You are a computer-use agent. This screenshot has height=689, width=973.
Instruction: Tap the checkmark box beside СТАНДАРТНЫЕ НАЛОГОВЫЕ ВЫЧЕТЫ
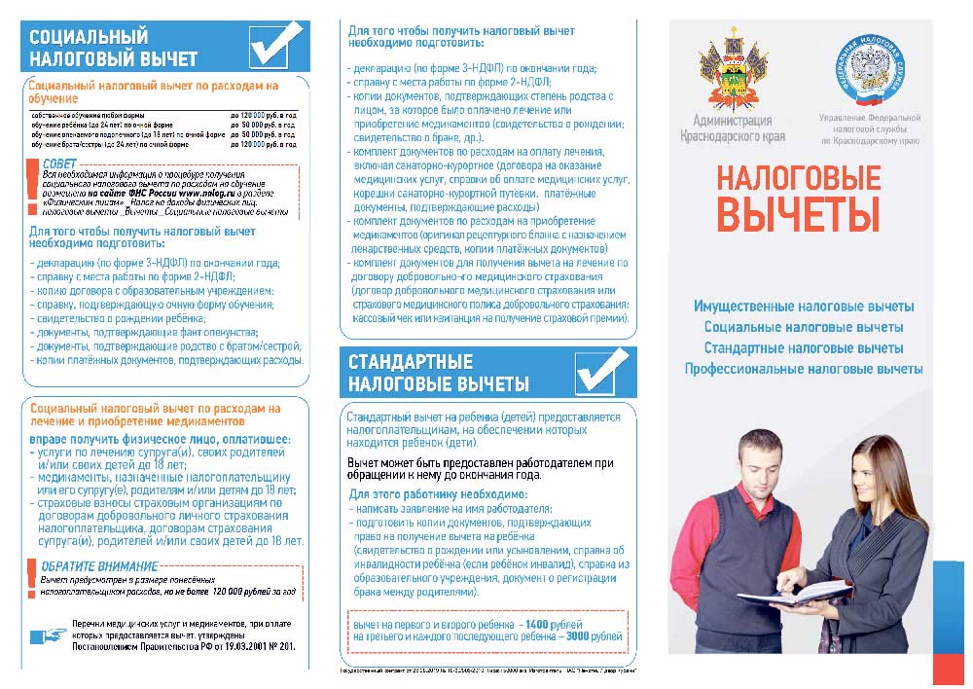pos(601,371)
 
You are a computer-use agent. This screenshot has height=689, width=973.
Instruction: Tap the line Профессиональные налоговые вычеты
pos(803,369)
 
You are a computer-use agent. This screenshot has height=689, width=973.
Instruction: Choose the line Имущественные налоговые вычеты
pos(803,307)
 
